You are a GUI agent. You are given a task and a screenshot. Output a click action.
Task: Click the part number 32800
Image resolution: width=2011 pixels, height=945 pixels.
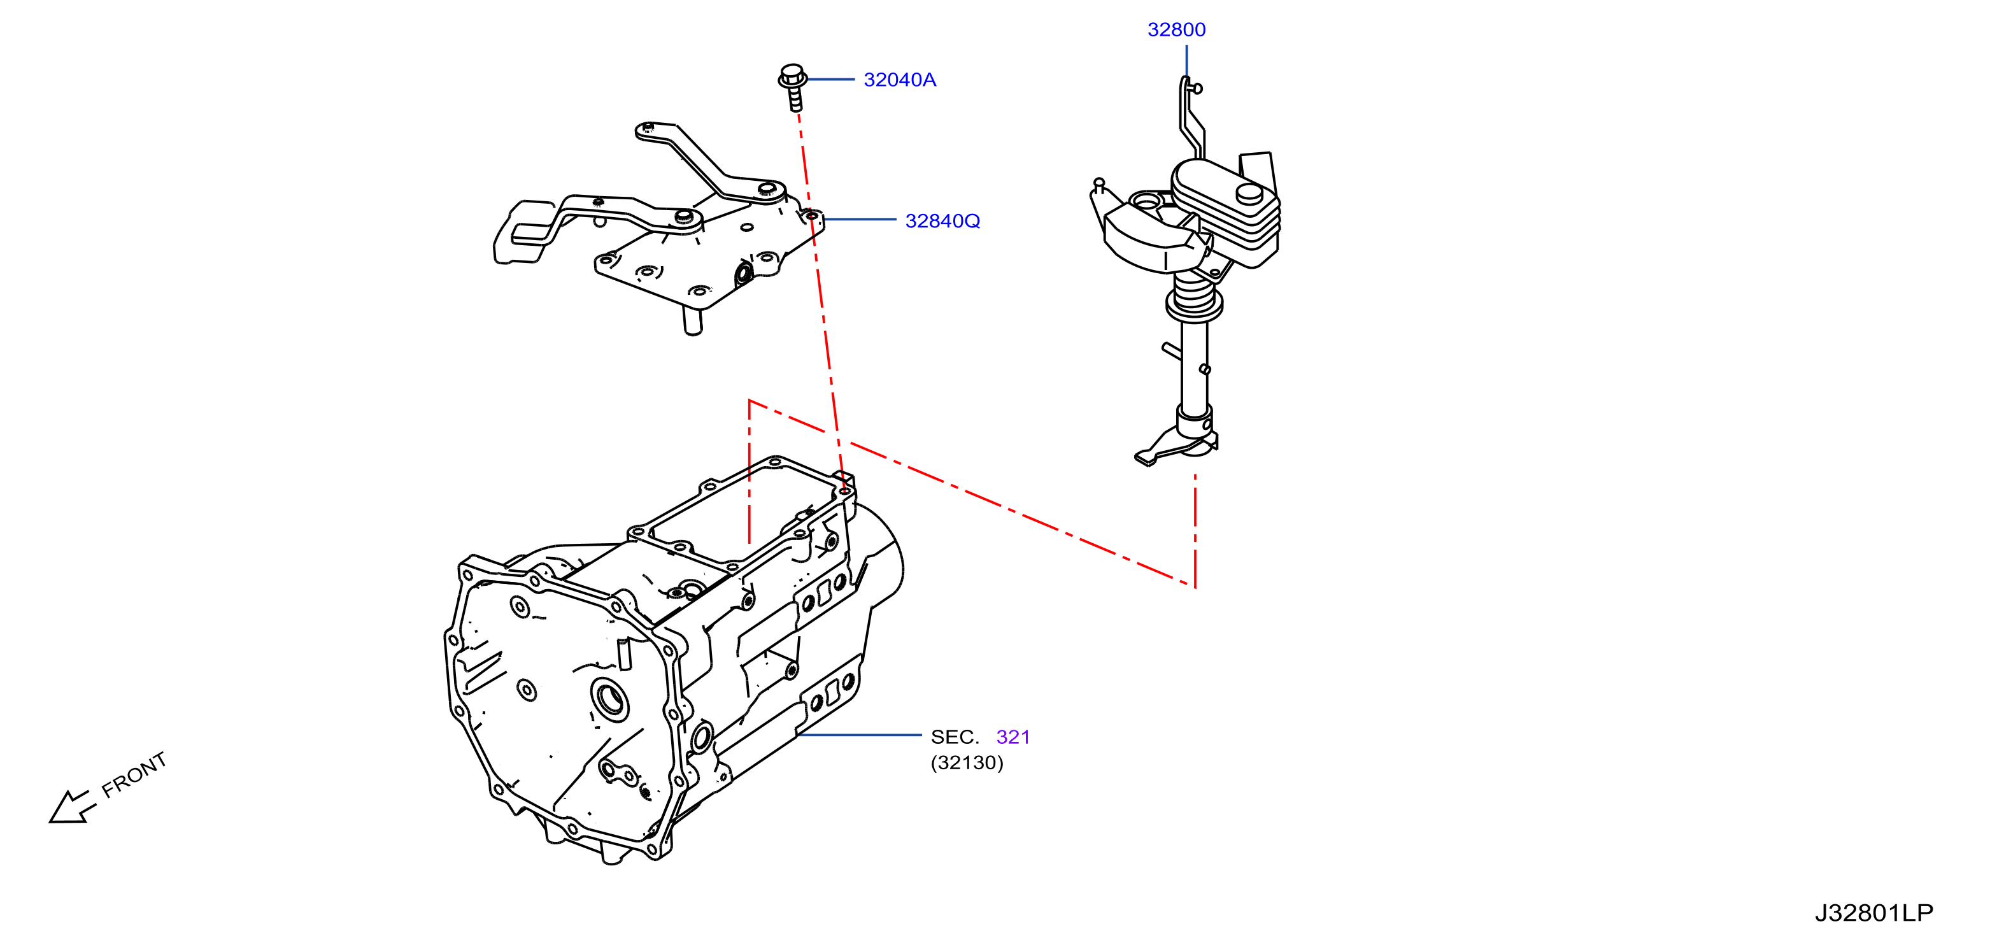click(x=1176, y=30)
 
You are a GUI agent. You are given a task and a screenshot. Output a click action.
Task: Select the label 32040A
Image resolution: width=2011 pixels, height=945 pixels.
click(x=899, y=80)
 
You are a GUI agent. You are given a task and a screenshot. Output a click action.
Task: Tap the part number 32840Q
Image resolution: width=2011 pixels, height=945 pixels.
click(x=942, y=221)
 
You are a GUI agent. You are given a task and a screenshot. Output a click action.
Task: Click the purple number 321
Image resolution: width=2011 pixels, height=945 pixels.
click(x=1013, y=737)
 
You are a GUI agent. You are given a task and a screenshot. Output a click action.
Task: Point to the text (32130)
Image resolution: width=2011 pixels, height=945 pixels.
click(x=967, y=762)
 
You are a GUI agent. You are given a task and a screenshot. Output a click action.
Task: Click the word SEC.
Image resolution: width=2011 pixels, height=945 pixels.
click(x=955, y=737)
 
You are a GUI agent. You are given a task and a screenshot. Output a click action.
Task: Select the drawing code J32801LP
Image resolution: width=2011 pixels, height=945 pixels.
click(x=1873, y=913)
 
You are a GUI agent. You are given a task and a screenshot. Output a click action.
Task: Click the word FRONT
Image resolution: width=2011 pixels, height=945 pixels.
click(x=134, y=774)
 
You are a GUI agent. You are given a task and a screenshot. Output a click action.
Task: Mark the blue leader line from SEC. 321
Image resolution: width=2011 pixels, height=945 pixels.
click(x=859, y=735)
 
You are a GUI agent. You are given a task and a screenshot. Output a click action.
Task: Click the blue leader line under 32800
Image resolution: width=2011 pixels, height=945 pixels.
click(x=1186, y=61)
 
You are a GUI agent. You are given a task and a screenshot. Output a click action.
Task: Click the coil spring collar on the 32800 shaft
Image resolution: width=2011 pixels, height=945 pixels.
click(x=1193, y=298)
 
